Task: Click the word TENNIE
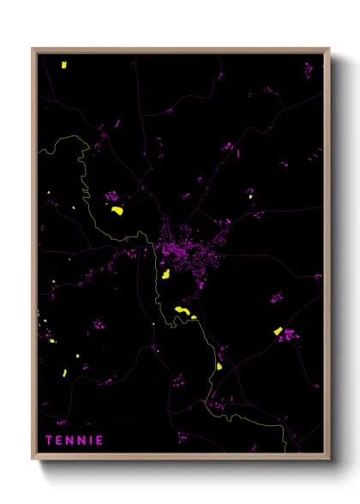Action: [75, 441]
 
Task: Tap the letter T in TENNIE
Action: [49, 441]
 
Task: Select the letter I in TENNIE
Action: [90, 441]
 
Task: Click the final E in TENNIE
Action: [99, 441]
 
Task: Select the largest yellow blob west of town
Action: [117, 208]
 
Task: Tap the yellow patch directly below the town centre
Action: [163, 274]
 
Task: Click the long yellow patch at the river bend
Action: [182, 309]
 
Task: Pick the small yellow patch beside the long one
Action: [194, 317]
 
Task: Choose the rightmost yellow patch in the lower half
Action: [278, 331]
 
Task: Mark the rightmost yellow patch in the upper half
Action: [251, 198]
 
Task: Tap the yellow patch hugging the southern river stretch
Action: [219, 366]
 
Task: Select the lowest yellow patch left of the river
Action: [63, 373]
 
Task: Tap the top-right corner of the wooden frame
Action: [329, 49]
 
